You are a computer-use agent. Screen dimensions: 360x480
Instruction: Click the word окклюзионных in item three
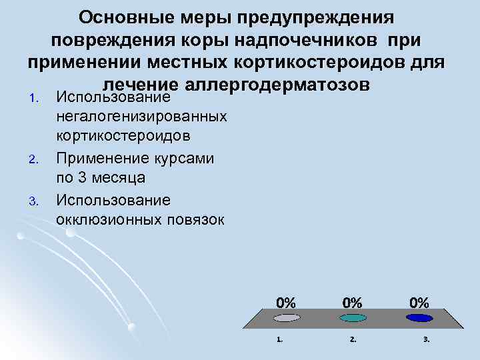107,219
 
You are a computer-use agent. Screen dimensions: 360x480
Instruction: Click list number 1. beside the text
37,100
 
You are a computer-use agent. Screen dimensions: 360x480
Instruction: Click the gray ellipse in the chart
286,318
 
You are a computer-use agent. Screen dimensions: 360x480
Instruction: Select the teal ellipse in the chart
353,318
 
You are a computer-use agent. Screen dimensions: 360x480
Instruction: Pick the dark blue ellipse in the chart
419,318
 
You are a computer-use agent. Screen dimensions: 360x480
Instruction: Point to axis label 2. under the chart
353,339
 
